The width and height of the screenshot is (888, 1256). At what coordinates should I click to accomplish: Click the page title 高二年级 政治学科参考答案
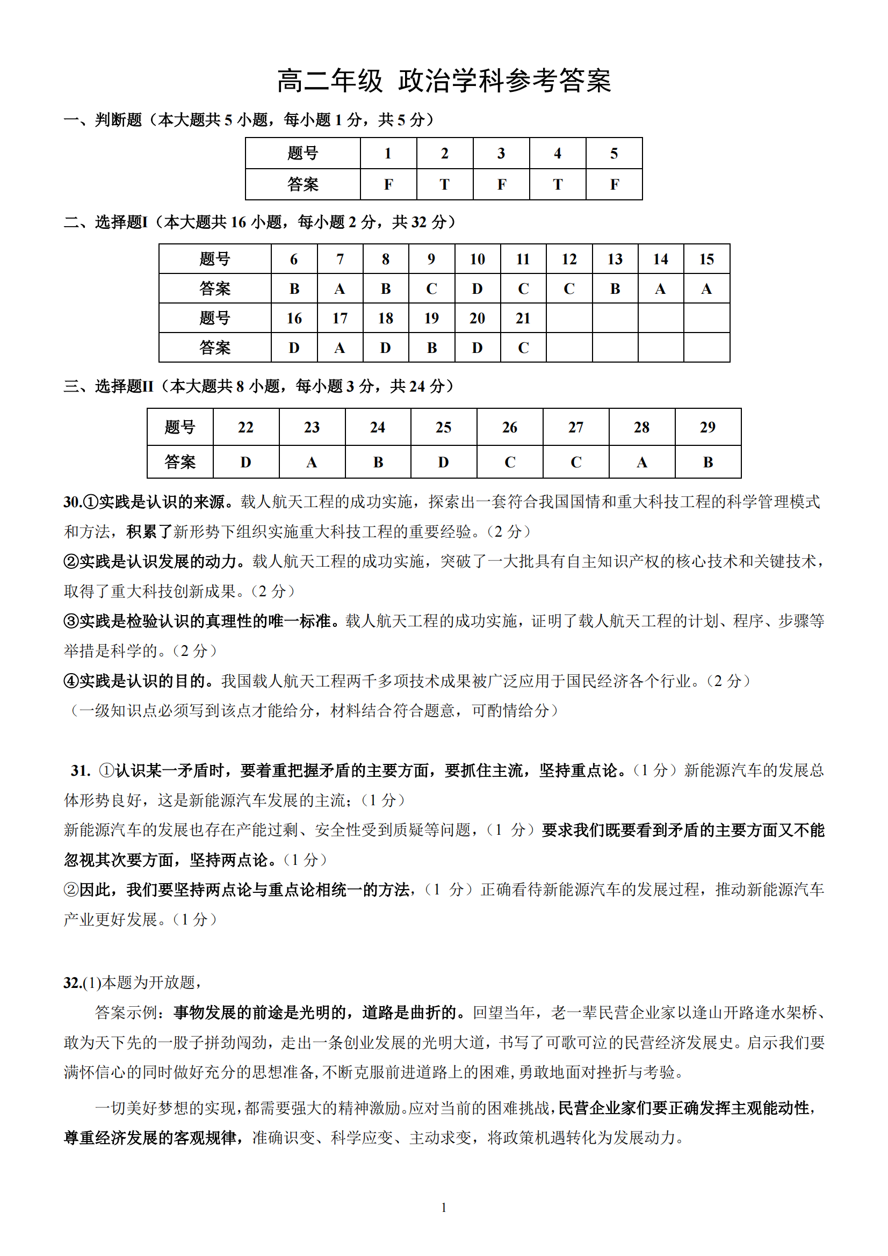pos(444,81)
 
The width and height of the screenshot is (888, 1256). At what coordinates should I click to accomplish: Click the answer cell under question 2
pos(444,184)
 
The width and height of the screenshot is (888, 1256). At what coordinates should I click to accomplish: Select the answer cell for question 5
pos(614,184)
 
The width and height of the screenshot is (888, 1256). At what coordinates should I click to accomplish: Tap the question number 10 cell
pos(477,259)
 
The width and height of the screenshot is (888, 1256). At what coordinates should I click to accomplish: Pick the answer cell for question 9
pos(431,288)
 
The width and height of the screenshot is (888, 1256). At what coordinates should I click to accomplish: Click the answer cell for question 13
pos(615,288)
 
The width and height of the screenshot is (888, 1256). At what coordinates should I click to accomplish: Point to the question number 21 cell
pos(523,318)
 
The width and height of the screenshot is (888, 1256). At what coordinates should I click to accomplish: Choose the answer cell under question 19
pos(431,348)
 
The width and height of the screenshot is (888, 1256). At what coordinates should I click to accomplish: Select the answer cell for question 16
pos(294,348)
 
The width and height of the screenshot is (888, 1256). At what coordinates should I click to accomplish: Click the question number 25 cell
pos(443,427)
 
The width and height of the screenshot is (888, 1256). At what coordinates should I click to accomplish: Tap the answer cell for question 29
pos(707,461)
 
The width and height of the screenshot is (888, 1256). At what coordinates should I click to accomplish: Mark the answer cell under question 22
pos(246,461)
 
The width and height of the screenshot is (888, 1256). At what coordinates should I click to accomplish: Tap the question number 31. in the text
pos(81,771)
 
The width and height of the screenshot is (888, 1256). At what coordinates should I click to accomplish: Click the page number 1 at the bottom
pos(444,1207)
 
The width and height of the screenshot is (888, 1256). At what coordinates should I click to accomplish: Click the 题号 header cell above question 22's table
pos(179,427)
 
